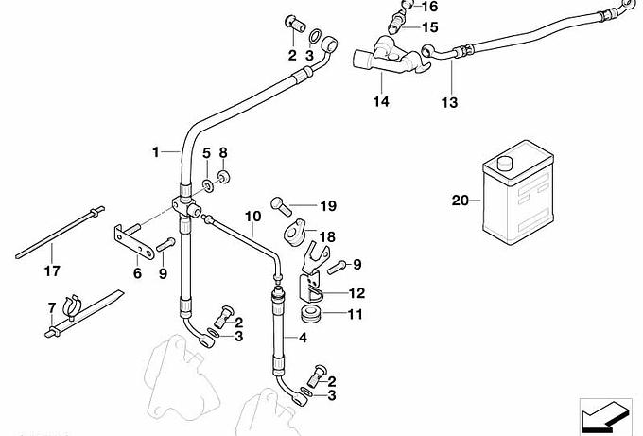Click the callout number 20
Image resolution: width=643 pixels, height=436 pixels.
[461, 201]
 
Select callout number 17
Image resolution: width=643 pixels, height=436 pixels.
[52, 271]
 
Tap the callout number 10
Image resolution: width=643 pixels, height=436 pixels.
[252, 216]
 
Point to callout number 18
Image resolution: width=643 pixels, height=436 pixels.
[326, 237]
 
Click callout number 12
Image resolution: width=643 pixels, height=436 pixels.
[356, 292]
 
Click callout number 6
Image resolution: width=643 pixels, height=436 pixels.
[137, 274]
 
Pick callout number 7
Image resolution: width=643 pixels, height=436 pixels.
[52, 307]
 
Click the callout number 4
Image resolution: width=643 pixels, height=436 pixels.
[303, 338]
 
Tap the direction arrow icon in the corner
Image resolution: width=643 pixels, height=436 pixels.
[602, 413]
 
